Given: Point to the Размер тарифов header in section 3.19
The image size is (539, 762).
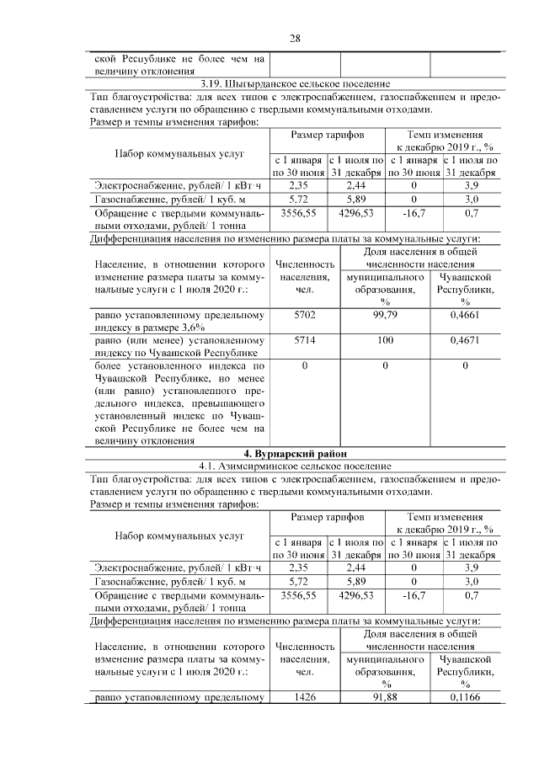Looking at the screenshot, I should pyautogui.click(x=327, y=135).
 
